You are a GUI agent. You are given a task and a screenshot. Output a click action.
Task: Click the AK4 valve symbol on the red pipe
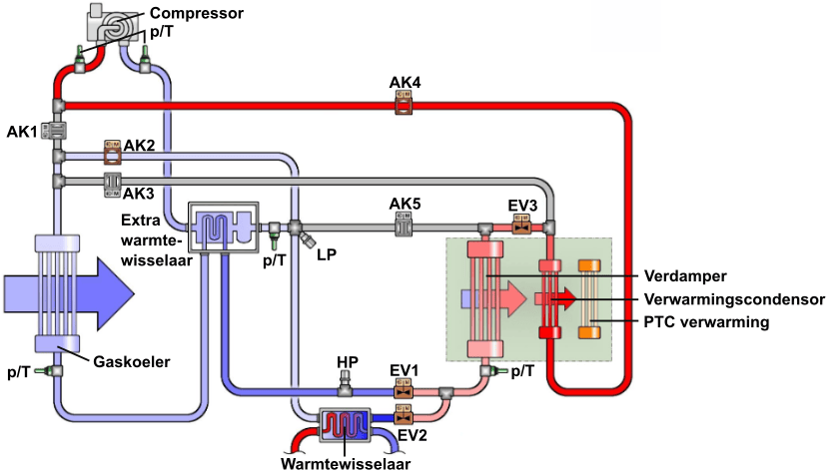pos(404,105)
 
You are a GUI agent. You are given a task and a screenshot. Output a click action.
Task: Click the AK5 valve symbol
pos(405,228)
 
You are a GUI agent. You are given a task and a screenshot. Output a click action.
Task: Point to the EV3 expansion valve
pos(519,228)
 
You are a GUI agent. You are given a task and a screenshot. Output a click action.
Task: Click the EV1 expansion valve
pos(404,391)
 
